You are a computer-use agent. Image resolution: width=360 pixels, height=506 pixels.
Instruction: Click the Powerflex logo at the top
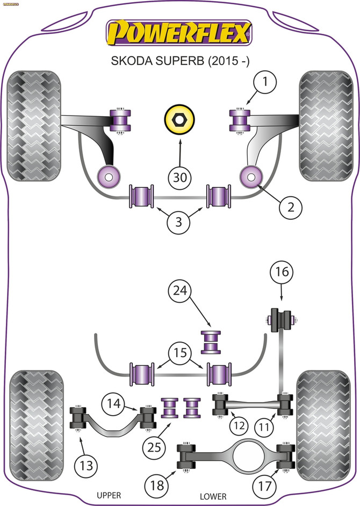(179, 33)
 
